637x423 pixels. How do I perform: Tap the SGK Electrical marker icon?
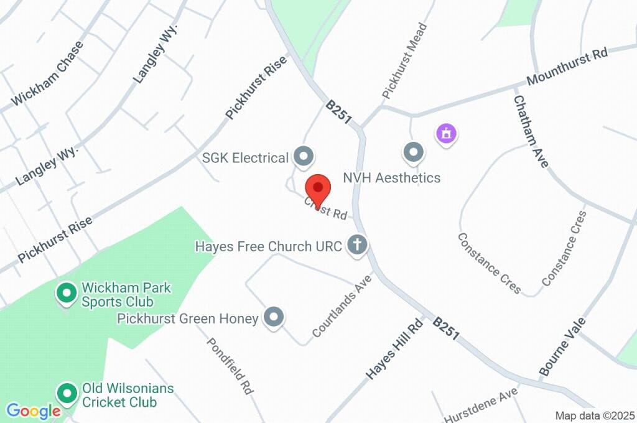pos(304,157)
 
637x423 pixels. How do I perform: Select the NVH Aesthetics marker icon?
pos(413,152)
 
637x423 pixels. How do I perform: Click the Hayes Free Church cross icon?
pos(357,244)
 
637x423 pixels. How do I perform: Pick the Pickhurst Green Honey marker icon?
pos(273,317)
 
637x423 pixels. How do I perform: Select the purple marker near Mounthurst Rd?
pos(446,132)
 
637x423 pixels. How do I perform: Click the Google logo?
pos(32,411)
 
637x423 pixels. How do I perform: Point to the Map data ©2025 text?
pos(595,416)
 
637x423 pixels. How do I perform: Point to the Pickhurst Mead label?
pos(405,60)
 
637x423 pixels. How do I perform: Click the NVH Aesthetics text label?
pos(392,178)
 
